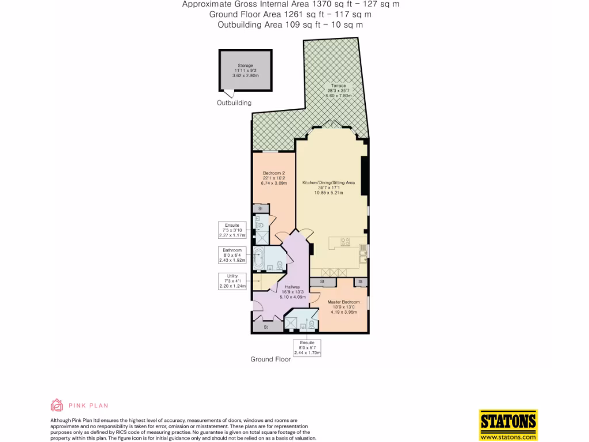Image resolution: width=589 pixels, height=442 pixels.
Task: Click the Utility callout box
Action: [x=232, y=281]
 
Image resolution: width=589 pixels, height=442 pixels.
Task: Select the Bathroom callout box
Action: [x=232, y=255]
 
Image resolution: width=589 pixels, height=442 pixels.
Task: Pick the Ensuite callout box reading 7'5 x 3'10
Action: [x=232, y=230]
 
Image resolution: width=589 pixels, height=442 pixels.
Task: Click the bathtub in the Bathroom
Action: [x=258, y=258]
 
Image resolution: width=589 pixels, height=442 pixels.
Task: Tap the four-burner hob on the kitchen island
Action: [x=345, y=242]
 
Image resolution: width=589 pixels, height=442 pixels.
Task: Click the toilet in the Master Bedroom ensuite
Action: [x=312, y=324]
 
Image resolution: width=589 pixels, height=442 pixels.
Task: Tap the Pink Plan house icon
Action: [x=56, y=405]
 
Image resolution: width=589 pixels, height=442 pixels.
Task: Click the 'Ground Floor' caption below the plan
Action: [x=270, y=359]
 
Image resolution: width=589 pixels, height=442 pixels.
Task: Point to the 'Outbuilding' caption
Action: [x=234, y=103]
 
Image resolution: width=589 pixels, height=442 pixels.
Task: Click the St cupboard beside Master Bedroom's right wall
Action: [x=361, y=281]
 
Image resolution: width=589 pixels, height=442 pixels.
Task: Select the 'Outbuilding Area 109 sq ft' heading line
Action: [x=290, y=25]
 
